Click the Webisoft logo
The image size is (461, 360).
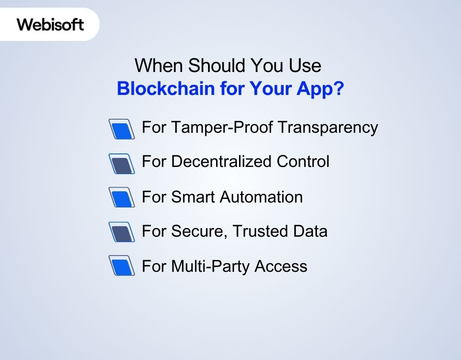point(50,24)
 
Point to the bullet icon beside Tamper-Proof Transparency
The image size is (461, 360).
point(122,129)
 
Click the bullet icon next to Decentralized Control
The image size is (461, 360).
point(122,163)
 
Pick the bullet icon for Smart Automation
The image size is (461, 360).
point(122,198)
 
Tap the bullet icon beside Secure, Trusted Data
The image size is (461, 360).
point(122,232)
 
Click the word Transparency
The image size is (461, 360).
point(327,127)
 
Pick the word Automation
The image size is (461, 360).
point(259,197)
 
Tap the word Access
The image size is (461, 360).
point(281,266)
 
